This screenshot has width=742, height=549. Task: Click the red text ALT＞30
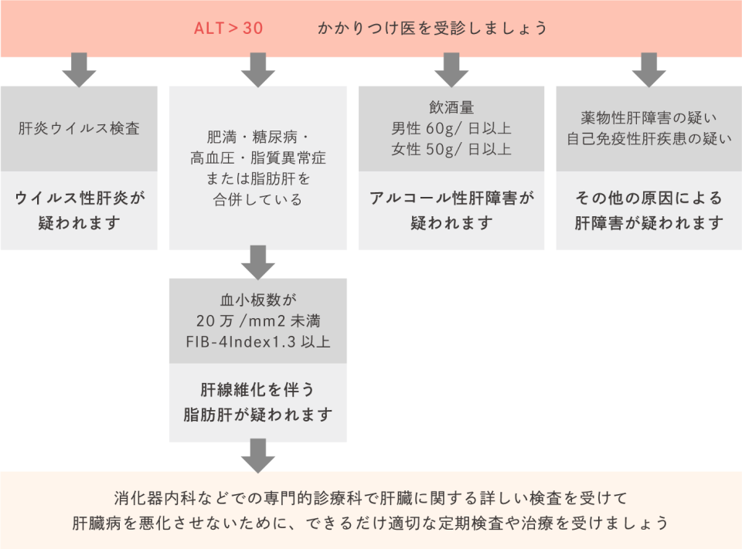pos(228,29)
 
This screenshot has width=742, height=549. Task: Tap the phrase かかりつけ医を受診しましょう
pos(432,29)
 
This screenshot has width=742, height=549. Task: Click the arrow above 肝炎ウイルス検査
pos(79,70)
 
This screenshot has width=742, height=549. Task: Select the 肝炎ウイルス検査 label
pos(79,128)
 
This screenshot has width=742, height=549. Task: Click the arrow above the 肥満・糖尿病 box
pos(257,70)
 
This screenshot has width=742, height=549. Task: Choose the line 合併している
pos(258,199)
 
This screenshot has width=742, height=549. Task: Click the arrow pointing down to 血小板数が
pos(257,263)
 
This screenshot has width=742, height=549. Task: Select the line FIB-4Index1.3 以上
pos(258,341)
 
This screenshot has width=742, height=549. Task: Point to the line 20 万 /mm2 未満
pos(258,320)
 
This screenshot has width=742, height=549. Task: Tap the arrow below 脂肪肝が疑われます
pos(257,456)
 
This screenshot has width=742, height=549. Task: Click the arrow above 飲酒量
pos(451,70)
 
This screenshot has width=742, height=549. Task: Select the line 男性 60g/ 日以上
pos(451,128)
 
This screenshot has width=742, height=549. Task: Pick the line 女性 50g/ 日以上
pos(451,149)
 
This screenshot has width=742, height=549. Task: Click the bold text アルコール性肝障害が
pos(451,198)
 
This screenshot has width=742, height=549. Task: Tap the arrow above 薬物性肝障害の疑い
pos(648,70)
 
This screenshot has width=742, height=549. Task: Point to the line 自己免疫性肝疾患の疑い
pos(649,140)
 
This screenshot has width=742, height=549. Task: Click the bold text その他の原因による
pos(649,198)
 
